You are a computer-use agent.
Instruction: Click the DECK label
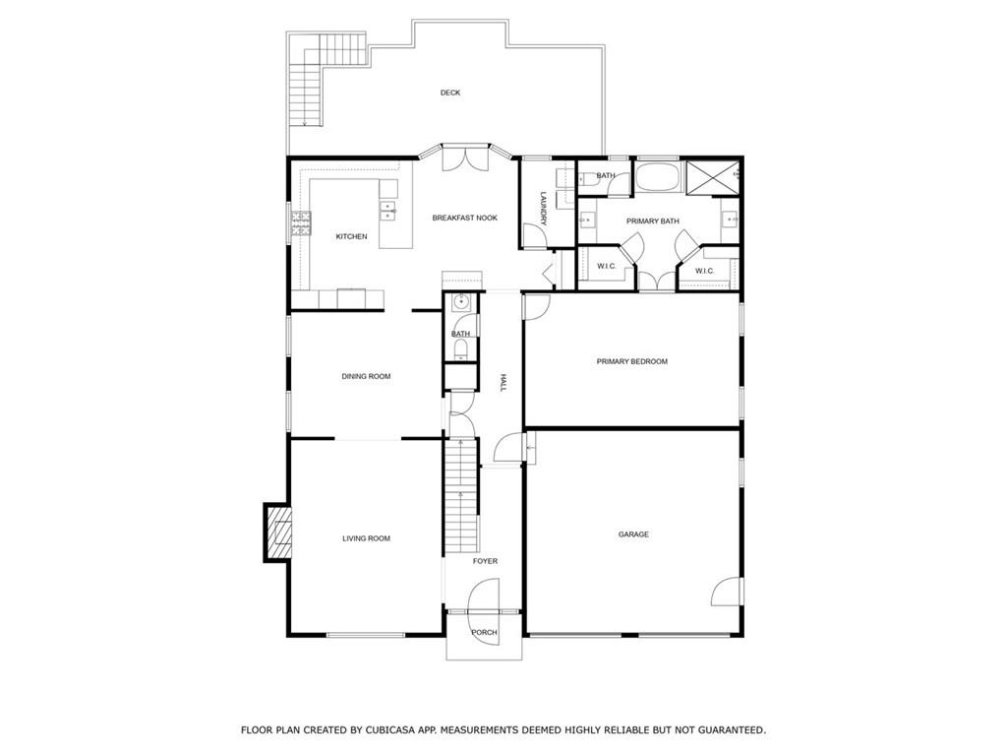pos(450,93)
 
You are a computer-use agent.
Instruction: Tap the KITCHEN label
pos(351,236)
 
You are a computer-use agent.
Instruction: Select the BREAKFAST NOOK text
pos(464,218)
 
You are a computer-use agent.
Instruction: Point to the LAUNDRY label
pos(542,207)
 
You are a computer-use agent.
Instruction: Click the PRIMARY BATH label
pos(653,221)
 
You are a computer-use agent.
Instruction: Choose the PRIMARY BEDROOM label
pos(631,361)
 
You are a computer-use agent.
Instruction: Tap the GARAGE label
pos(633,535)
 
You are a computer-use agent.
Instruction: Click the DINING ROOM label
pos(366,376)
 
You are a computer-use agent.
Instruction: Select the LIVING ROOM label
pos(366,538)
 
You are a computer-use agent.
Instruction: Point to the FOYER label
pos(485,561)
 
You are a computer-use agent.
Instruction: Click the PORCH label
pos(484,632)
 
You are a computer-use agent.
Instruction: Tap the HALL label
pos(502,383)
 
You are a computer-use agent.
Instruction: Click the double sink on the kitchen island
pos(388,209)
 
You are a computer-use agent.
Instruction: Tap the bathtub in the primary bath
pos(655,177)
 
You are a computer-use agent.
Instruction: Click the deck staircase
pos(305,89)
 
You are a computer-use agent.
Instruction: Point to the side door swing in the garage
pos(725,591)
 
